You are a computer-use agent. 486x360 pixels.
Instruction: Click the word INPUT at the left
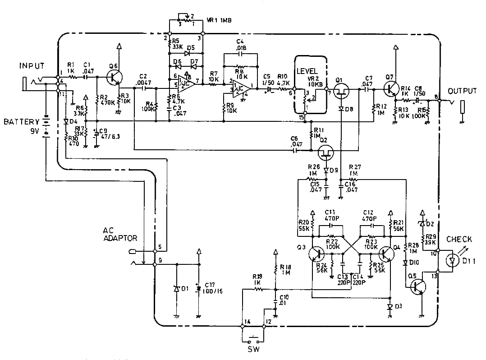point(32,66)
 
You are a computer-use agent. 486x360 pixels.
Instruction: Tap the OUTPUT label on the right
point(462,91)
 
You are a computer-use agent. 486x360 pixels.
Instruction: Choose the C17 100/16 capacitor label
point(214,288)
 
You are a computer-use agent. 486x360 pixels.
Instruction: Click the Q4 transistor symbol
point(386,254)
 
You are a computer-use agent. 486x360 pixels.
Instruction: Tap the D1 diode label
point(184,288)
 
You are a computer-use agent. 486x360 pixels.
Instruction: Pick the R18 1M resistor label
point(284,269)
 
